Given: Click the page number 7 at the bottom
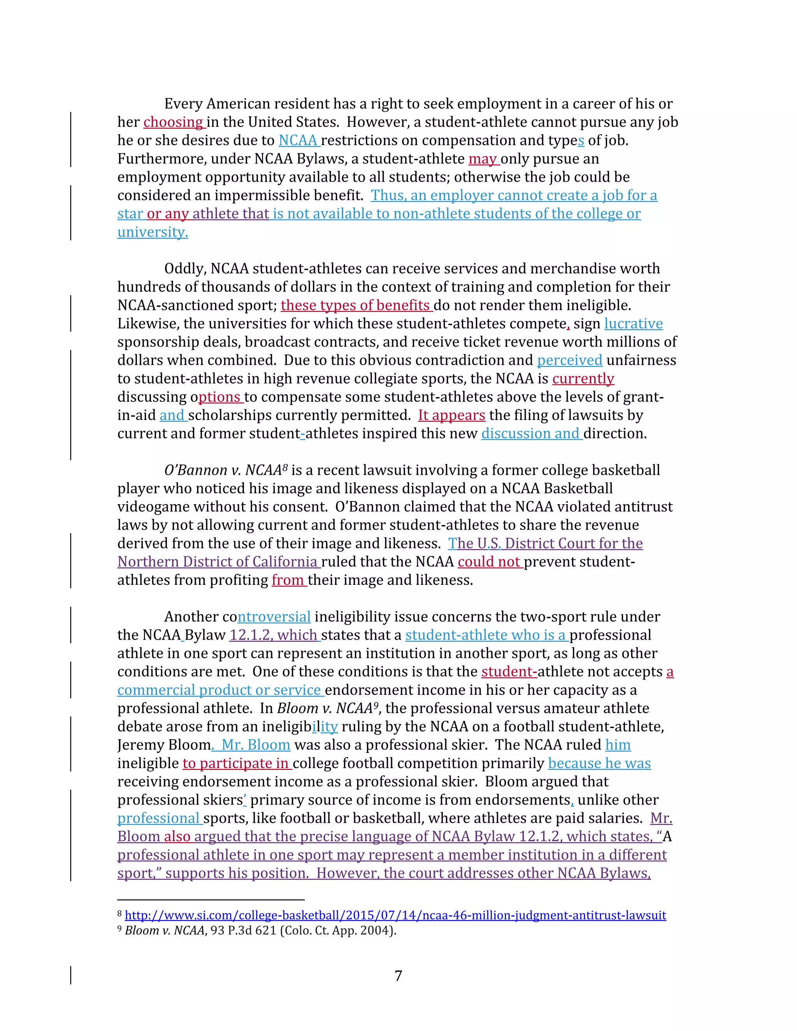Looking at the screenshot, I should (398, 975).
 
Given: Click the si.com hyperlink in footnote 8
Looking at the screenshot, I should (395, 915).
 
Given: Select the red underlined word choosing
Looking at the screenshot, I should (173, 122).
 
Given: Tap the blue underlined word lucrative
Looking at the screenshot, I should (633, 323).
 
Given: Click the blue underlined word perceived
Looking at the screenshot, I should (569, 360).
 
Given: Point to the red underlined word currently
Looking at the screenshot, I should (583, 379).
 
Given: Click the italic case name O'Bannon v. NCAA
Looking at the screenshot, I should (223, 470).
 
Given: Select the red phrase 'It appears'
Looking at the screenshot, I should (451, 416).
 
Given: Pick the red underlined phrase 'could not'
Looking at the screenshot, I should (489, 562).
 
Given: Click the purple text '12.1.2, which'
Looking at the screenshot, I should (273, 635).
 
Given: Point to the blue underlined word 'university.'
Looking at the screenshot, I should (153, 232).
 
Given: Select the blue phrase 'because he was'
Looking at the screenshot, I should (599, 763).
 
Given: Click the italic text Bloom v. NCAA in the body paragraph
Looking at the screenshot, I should (325, 708).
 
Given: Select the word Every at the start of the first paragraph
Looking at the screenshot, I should (183, 104).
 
